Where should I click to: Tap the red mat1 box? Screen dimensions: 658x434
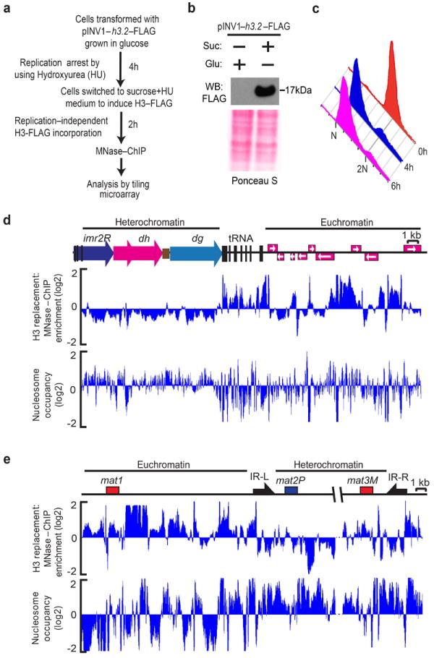pos(112,490)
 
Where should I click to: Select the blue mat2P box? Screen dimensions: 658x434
pos(292,490)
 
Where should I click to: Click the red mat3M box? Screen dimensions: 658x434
pos(367,490)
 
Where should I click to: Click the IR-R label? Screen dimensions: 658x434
pos(398,477)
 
